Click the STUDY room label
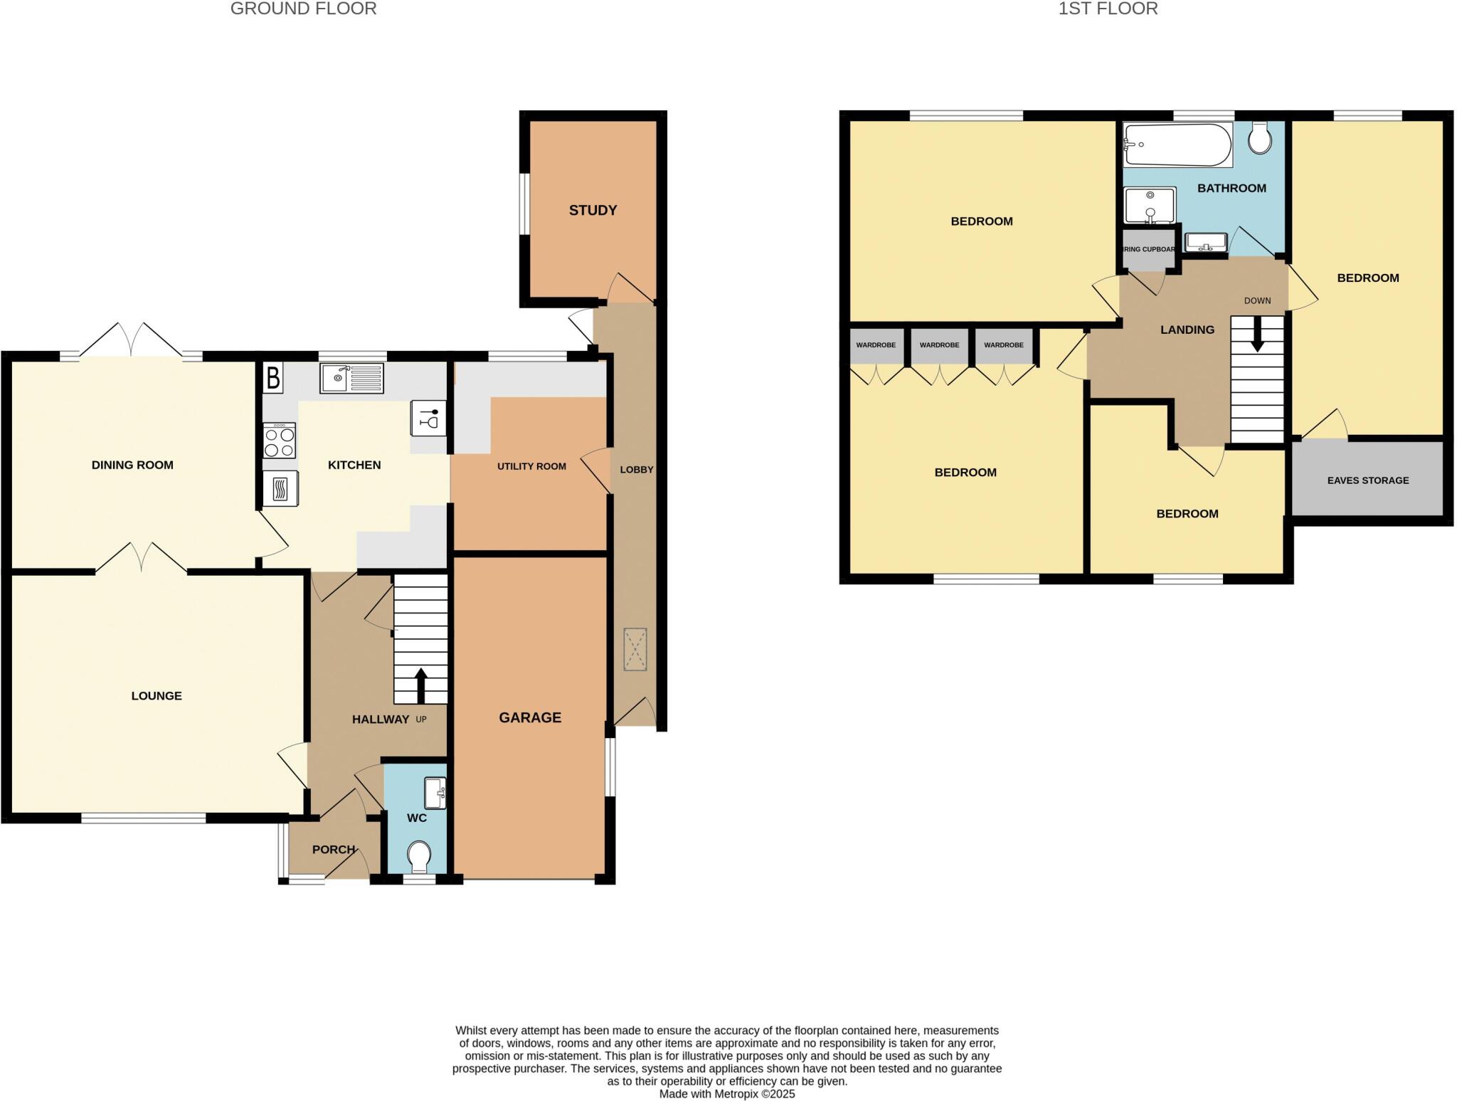click(x=593, y=210)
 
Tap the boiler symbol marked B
click(x=273, y=378)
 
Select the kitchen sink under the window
click(x=351, y=378)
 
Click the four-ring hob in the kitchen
click(x=280, y=441)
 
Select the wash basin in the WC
click(x=435, y=793)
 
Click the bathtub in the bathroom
click(x=1177, y=144)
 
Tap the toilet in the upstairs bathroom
click(x=1260, y=137)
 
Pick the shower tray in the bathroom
click(x=1149, y=205)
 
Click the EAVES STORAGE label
click(x=1367, y=480)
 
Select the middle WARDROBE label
click(x=939, y=345)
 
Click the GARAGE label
click(x=530, y=717)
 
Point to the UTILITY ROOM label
click(x=531, y=467)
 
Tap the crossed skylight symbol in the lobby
click(x=635, y=649)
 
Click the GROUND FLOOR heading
click(x=303, y=9)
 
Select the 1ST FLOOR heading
click(x=1108, y=9)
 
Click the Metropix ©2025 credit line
click(x=726, y=1094)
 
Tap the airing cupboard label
click(x=1148, y=250)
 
